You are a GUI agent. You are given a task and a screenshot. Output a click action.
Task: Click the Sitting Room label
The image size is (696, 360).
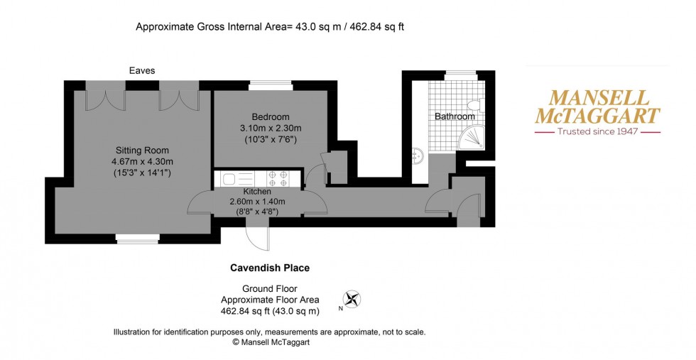[143, 150]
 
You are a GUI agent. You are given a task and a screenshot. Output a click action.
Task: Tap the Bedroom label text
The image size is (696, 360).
[270, 117]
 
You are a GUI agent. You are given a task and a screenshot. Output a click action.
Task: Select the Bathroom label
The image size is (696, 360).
[455, 116]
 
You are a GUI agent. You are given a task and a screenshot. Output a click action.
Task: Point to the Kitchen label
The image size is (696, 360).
[256, 192]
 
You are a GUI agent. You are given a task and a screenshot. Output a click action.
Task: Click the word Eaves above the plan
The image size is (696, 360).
[142, 70]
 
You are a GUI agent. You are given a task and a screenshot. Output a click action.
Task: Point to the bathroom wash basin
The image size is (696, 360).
[418, 155]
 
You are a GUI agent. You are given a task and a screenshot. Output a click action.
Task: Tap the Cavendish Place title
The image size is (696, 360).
[270, 268]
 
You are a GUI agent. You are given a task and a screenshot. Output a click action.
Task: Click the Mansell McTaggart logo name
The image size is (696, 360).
[597, 107]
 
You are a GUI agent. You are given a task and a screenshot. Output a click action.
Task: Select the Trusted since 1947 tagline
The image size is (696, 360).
[597, 131]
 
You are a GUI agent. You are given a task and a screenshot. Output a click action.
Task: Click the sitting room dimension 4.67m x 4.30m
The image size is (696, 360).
[143, 161]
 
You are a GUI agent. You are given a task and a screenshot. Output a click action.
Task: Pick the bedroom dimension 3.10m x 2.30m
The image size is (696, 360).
[270, 129]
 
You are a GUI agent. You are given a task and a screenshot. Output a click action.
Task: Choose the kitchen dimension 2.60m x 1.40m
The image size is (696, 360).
[256, 202]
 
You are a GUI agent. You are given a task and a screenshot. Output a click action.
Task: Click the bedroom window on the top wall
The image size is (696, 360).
[270, 87]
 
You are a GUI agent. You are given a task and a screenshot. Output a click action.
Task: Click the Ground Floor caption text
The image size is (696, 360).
[270, 289]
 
